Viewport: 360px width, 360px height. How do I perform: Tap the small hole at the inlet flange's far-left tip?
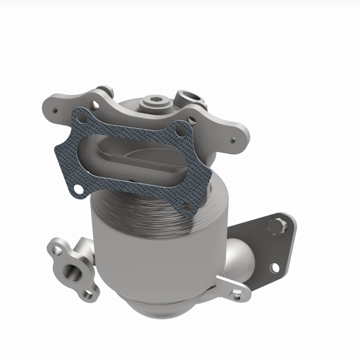click(55, 108)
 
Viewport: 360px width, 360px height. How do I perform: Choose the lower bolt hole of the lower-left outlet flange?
click(87, 294)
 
